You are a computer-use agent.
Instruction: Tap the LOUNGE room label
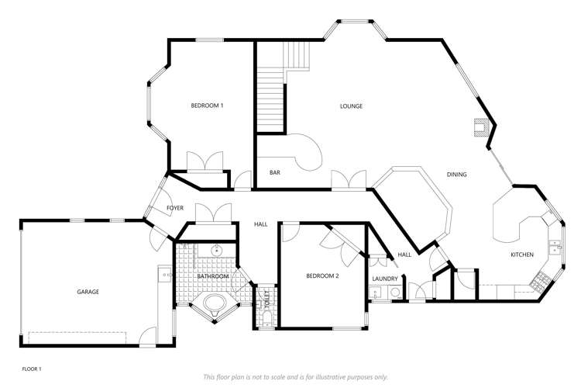[x=351, y=106]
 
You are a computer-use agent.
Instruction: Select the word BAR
[x=274, y=172]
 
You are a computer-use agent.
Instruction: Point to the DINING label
[x=456, y=175]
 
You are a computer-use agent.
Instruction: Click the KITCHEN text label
[x=521, y=255]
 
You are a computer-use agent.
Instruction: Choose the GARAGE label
[x=88, y=292]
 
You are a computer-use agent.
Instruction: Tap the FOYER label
[x=175, y=209]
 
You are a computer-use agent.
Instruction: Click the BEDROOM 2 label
[x=322, y=276]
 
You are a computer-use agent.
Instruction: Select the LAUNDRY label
[x=385, y=279]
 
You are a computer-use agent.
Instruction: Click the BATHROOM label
[x=212, y=276]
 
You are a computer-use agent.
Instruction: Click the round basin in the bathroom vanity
[x=216, y=250]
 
